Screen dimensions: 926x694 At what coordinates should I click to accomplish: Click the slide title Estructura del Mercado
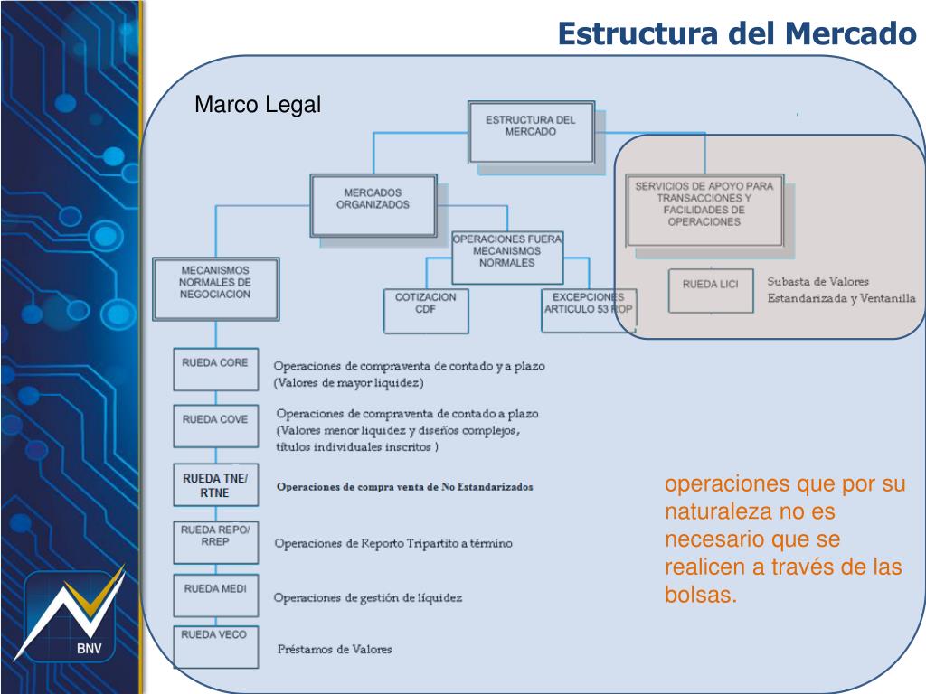pos(737,33)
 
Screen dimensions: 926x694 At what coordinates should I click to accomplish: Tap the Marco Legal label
pos(258,106)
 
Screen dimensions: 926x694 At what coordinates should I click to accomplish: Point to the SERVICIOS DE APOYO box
pos(704,209)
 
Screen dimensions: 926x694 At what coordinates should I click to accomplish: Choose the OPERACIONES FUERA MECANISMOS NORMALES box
pos(506,257)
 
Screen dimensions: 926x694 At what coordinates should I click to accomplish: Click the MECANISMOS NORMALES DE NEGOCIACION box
pos(215,286)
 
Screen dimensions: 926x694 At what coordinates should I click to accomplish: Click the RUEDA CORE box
pos(215,369)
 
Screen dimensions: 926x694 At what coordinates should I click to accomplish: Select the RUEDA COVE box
pos(215,426)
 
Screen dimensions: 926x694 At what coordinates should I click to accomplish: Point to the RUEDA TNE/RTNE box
pos(215,486)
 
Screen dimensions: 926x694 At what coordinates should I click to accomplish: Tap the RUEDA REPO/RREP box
pos(215,541)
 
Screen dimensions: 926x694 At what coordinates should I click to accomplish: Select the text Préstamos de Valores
pos(335,650)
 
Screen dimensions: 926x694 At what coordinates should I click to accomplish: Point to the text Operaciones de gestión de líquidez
pos(368,598)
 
